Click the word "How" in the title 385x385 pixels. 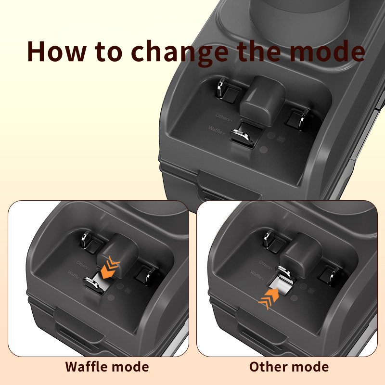click(56, 51)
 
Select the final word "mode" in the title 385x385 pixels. click(327, 51)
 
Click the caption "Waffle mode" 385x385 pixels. click(107, 367)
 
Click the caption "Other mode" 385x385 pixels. click(289, 367)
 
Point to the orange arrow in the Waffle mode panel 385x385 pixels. click(110, 268)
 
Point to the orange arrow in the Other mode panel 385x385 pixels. click(269, 299)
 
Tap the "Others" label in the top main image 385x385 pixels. click(223, 117)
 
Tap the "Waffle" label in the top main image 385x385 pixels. click(216, 129)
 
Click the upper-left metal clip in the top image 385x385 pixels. click(221, 89)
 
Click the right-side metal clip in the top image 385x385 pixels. click(304, 119)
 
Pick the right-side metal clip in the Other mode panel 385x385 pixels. click(334, 276)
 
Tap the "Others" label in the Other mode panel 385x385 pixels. click(265, 264)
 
